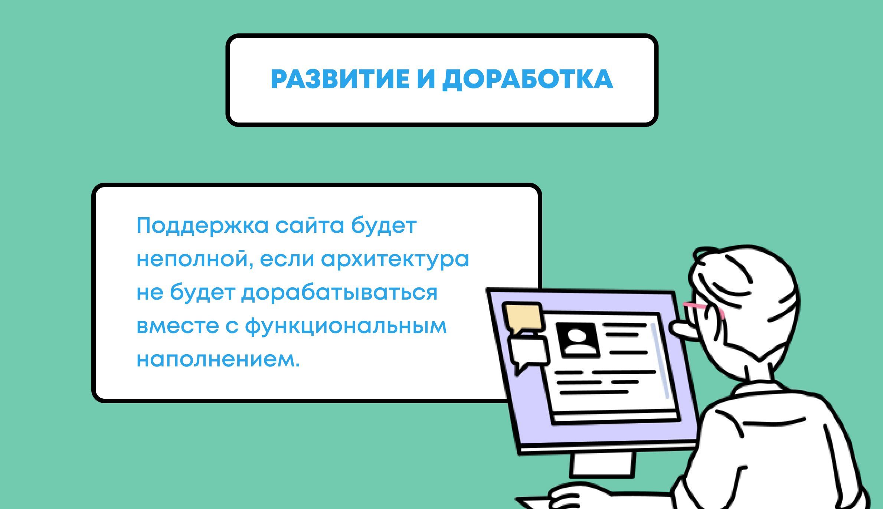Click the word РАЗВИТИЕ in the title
pos(340,79)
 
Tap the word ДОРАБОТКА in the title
pos(527,79)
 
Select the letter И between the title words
pos(425,79)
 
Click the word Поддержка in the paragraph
pos(202,226)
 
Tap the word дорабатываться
pos(340,293)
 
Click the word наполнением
pos(218,359)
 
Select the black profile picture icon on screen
pos(578,339)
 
